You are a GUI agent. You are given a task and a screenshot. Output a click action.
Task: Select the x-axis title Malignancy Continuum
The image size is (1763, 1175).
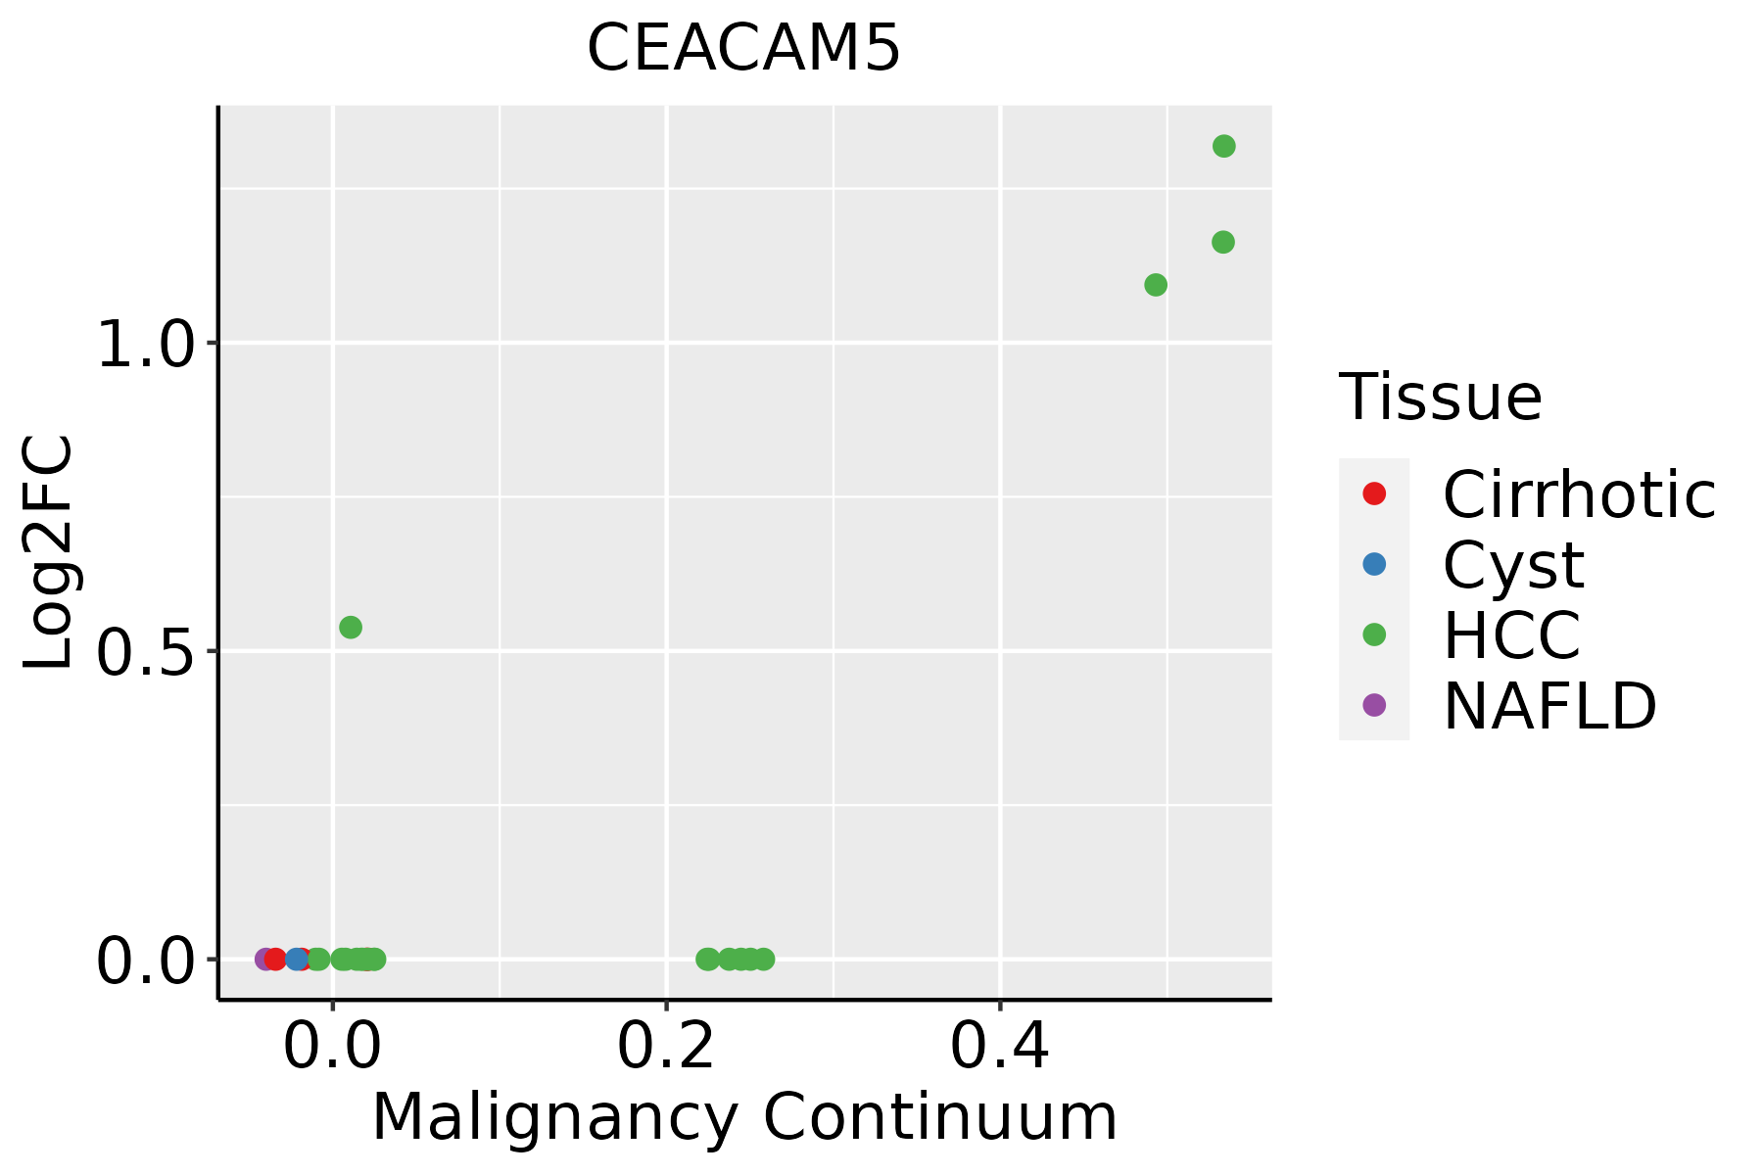(744, 1117)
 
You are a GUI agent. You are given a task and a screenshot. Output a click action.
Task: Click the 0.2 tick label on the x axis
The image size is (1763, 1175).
(666, 1047)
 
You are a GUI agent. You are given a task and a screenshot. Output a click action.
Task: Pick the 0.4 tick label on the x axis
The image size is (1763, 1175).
(1000, 1047)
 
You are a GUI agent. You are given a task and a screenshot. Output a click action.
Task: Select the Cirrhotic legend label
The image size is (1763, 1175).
(1579, 494)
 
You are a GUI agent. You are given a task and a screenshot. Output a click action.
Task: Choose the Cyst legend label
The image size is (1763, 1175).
(1513, 565)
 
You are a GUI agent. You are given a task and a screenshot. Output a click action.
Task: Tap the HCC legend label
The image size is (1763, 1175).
(1511, 634)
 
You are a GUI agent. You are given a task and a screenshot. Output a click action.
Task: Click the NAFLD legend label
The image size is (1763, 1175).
(1549, 705)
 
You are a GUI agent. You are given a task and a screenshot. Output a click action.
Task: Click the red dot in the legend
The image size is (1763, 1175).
(1374, 493)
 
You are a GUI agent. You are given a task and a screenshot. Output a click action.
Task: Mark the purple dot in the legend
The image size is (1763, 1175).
(1374, 704)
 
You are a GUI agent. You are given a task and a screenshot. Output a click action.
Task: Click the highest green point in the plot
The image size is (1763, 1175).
(1224, 146)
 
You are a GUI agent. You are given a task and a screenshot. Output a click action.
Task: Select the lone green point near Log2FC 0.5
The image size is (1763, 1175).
(351, 627)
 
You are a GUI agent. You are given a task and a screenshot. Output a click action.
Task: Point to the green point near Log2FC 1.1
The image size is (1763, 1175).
(1156, 285)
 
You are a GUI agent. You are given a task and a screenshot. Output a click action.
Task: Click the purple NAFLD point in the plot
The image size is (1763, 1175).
(263, 959)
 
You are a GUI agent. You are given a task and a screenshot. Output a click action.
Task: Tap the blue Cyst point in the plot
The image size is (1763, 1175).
(297, 959)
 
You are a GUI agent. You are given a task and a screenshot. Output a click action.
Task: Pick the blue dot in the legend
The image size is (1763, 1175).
(1374, 564)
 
